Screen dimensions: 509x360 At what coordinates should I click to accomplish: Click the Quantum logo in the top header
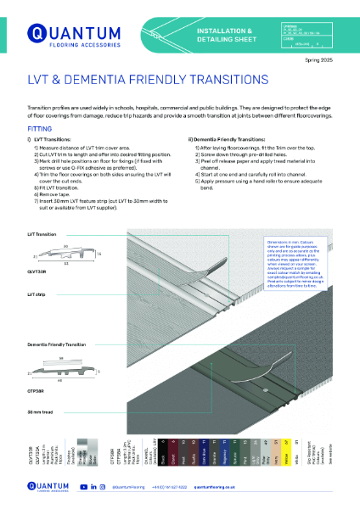pyautogui.click(x=64, y=34)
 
